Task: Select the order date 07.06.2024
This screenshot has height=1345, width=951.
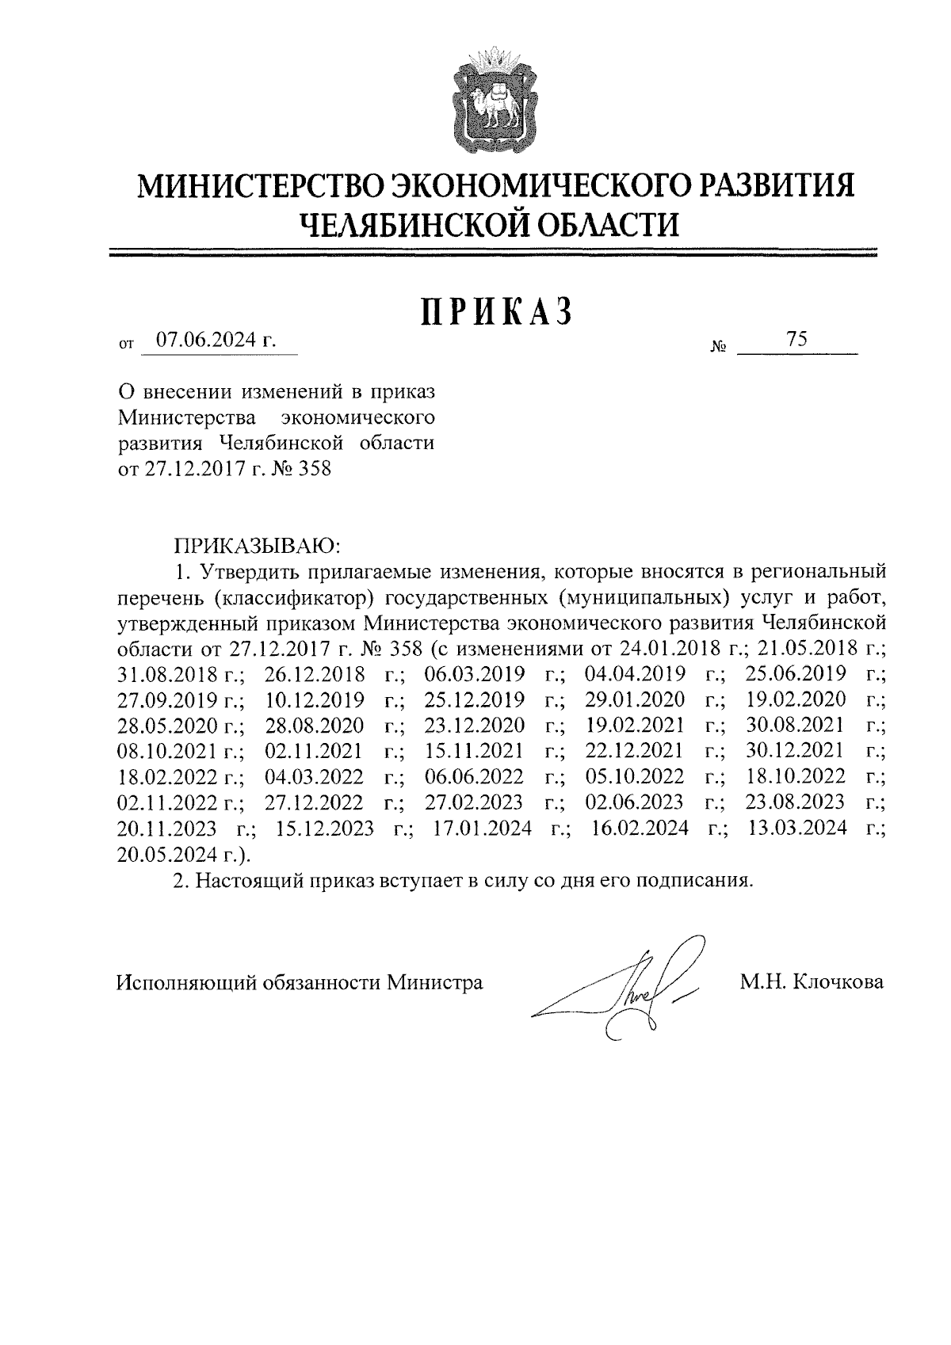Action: (208, 341)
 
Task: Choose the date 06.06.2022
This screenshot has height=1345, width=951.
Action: (474, 775)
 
